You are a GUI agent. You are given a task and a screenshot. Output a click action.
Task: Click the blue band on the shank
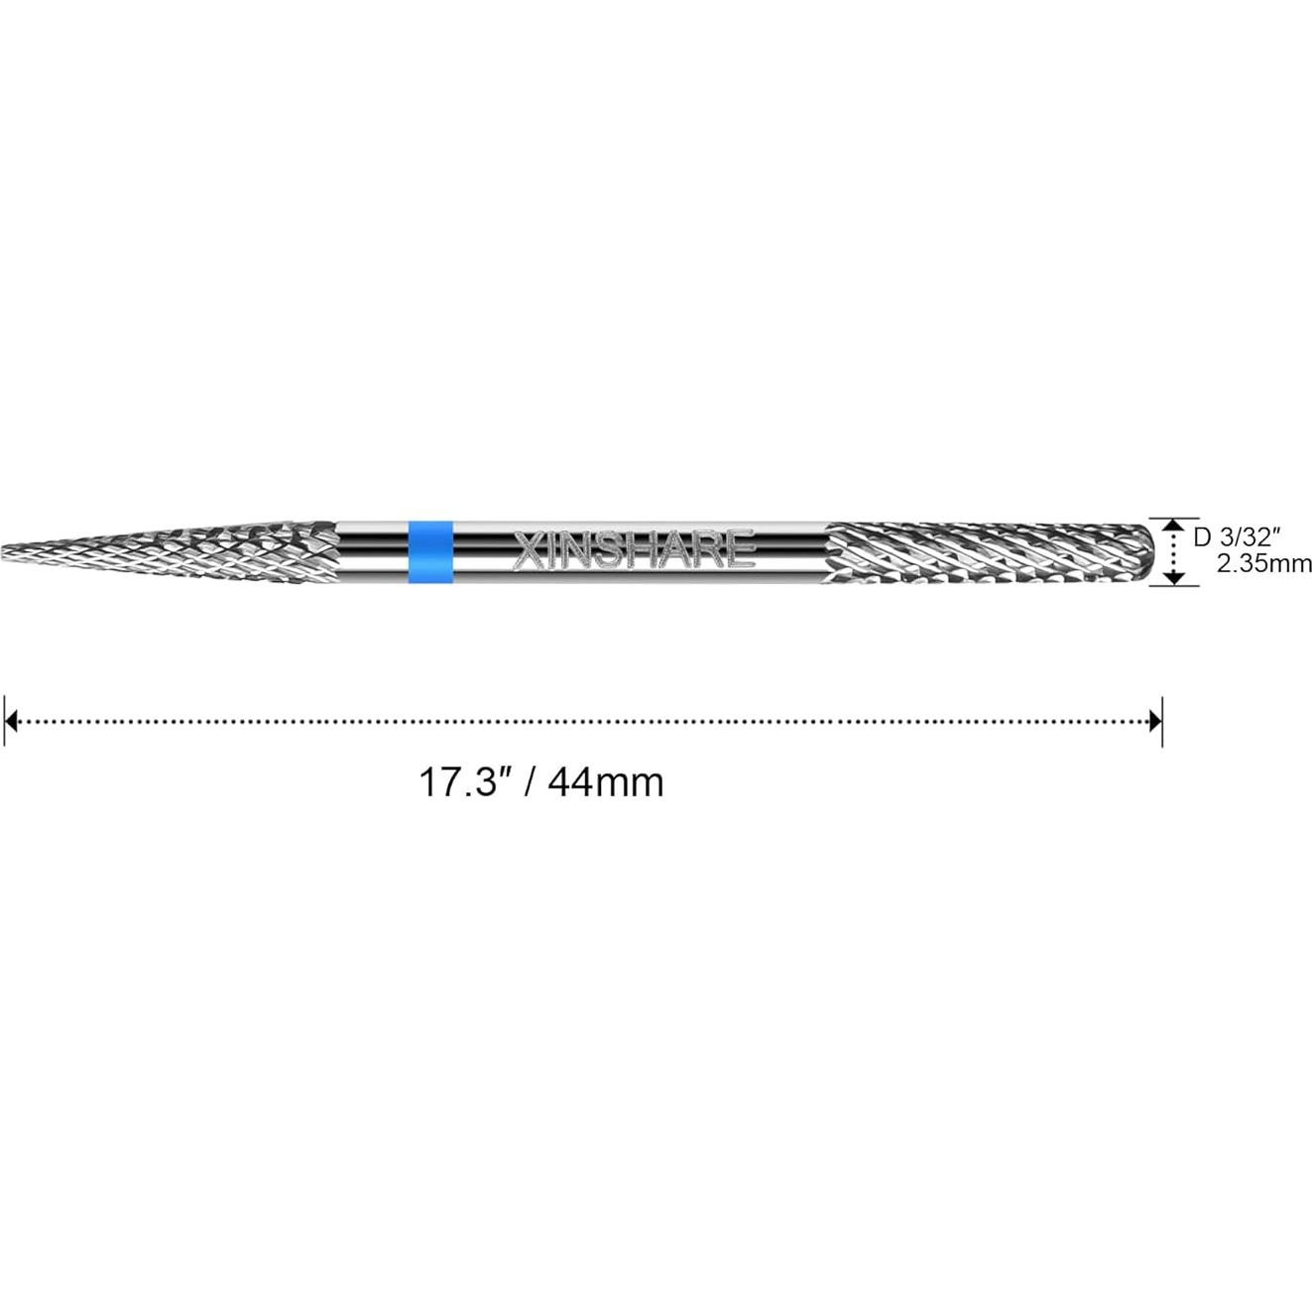click(x=430, y=550)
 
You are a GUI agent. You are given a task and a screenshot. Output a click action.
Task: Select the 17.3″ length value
click(x=458, y=782)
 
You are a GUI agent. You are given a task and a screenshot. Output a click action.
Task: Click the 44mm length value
click(x=605, y=782)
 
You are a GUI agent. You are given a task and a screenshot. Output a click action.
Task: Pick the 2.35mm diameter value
click(x=1263, y=564)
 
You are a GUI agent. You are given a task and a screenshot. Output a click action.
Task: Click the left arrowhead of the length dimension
click(x=11, y=721)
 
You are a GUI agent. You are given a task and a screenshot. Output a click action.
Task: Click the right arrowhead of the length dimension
click(x=1154, y=721)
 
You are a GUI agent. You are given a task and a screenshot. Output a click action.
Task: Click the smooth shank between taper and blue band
click(x=372, y=550)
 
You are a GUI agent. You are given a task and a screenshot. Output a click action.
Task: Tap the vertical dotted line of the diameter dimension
click(x=1174, y=550)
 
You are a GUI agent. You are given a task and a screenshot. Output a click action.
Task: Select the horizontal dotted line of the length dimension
click(x=585, y=721)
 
